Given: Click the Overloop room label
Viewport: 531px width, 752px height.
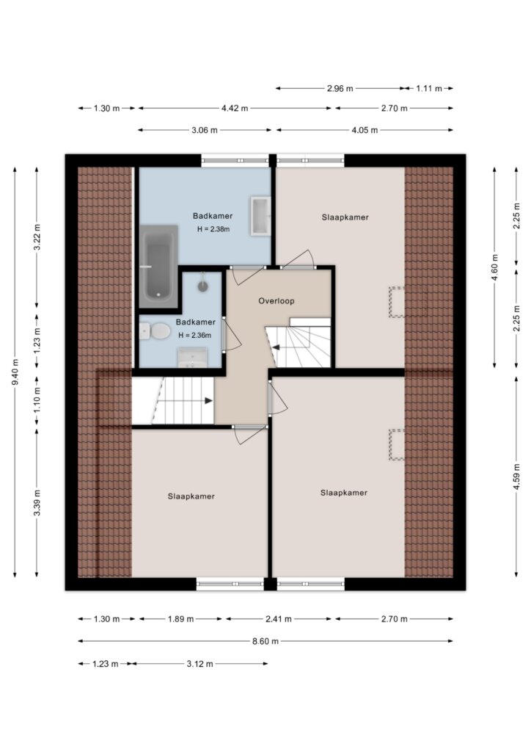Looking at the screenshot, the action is [x=277, y=301].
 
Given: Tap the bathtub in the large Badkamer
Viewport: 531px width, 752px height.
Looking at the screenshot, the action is [x=158, y=266].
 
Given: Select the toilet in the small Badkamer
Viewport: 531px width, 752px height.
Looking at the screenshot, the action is [x=155, y=330].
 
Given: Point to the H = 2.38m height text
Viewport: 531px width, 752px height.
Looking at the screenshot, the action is [x=213, y=229].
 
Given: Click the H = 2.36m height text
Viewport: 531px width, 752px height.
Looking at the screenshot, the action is [x=195, y=335].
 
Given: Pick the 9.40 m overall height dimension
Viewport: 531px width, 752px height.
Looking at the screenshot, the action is [x=15, y=372].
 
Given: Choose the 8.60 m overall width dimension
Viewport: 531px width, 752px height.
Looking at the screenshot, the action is [x=265, y=641].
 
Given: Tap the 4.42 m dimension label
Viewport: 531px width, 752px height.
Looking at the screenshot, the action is [x=235, y=109].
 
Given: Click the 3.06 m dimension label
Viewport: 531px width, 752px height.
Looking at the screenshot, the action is [x=205, y=130].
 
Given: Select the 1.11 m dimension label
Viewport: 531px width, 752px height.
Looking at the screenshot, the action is [x=429, y=88].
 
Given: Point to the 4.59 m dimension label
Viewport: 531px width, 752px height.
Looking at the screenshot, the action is [x=516, y=477].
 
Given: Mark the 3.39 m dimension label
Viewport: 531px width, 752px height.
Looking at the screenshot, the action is [x=37, y=502].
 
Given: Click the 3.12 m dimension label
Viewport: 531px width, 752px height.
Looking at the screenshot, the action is [x=199, y=664].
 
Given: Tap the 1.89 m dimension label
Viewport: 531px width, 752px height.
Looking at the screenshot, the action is [x=180, y=619].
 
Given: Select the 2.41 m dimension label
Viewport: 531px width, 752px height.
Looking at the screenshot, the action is [x=279, y=619].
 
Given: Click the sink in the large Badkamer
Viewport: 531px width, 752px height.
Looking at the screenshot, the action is [x=260, y=216].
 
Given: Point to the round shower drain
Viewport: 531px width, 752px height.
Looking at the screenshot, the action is [x=203, y=286].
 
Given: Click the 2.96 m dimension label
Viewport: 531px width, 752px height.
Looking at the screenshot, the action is [x=340, y=88].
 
